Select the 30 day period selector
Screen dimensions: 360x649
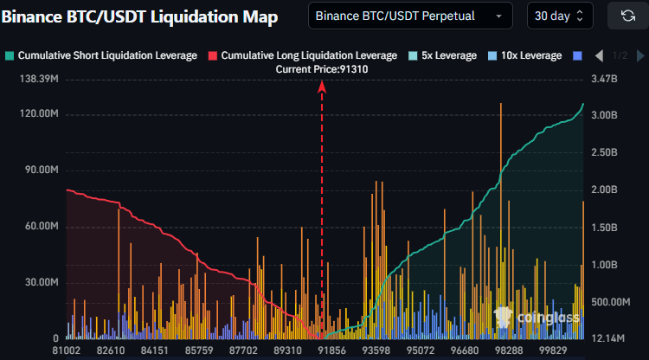coord(560,16)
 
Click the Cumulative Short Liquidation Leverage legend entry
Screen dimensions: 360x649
coord(107,55)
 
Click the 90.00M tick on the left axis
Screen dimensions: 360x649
coord(40,170)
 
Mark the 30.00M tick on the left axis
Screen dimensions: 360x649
coord(40,283)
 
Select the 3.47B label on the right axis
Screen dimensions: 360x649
coord(604,80)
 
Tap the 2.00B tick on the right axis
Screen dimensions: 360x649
coord(604,189)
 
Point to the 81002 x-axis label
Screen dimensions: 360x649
coord(67,350)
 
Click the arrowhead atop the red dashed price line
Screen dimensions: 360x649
coord(323,86)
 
